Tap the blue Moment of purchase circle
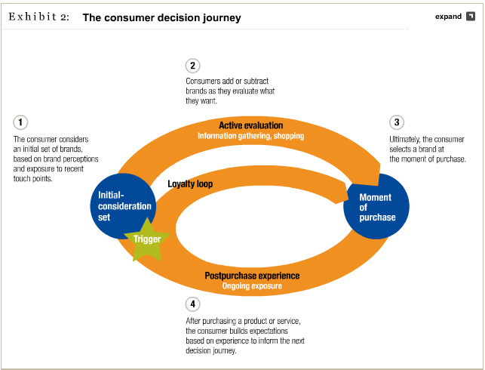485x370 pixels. (376, 206)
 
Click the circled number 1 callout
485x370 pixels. (20, 122)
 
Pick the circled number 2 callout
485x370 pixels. (192, 66)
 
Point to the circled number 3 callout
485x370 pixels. (397, 122)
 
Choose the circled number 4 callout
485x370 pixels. (192, 304)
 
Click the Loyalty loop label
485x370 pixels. (190, 184)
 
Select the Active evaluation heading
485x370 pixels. (251, 125)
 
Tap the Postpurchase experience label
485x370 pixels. (252, 276)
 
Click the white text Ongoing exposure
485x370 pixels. (252, 285)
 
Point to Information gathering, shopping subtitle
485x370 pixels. (251, 136)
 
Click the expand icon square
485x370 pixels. (471, 16)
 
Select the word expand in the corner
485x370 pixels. (448, 17)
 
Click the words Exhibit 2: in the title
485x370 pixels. (39, 17)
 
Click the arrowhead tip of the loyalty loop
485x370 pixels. (348, 199)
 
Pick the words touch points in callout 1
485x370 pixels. (32, 179)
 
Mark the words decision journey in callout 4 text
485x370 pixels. (211, 350)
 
